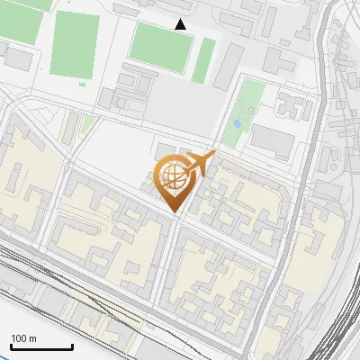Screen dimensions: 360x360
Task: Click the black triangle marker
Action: coord(181,24)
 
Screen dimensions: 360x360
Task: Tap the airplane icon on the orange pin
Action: coord(199,164)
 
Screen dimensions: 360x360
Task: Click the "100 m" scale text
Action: coord(23,338)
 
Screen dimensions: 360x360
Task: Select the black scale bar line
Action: coord(41,347)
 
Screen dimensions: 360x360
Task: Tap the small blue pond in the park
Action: coord(238,123)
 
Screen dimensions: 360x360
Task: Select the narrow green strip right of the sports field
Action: coord(206,59)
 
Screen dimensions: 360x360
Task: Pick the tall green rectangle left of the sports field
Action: coord(76,46)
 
